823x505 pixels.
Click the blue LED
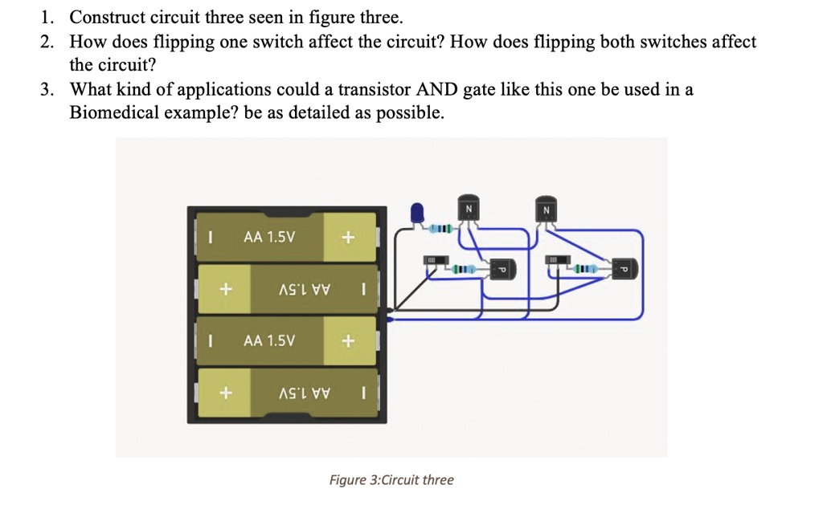click(x=417, y=212)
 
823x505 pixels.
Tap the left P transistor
click(x=503, y=269)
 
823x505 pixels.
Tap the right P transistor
click(x=624, y=269)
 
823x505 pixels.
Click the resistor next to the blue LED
click(x=442, y=230)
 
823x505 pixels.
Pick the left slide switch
click(x=432, y=261)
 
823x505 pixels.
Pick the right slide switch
click(x=554, y=261)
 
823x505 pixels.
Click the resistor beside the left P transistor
click(x=465, y=267)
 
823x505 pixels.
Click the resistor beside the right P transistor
click(x=585, y=267)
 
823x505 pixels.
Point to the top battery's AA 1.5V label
click(x=269, y=238)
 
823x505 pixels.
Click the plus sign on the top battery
click(x=347, y=238)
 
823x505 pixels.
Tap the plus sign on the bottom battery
click(x=227, y=393)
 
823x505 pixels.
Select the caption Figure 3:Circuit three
click(x=391, y=480)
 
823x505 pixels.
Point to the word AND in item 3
click(x=435, y=89)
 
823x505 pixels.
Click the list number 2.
click(x=47, y=42)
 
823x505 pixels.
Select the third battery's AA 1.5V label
click(x=269, y=340)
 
